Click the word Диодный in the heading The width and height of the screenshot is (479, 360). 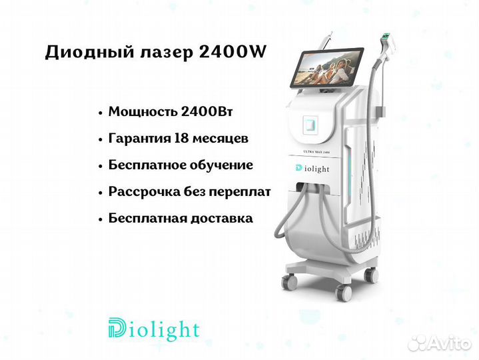(x=89, y=53)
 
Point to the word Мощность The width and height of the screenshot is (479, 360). (x=143, y=112)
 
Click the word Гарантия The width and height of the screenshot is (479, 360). (x=139, y=139)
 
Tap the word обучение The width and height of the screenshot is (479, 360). (x=221, y=165)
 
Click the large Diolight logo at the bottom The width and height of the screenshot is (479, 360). (x=154, y=329)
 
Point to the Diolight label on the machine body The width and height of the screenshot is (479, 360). (x=312, y=169)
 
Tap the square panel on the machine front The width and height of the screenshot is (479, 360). (x=310, y=125)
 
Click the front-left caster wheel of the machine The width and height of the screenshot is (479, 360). (x=289, y=281)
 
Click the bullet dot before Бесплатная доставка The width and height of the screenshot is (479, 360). (x=100, y=219)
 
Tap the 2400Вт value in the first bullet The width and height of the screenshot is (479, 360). (x=207, y=112)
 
